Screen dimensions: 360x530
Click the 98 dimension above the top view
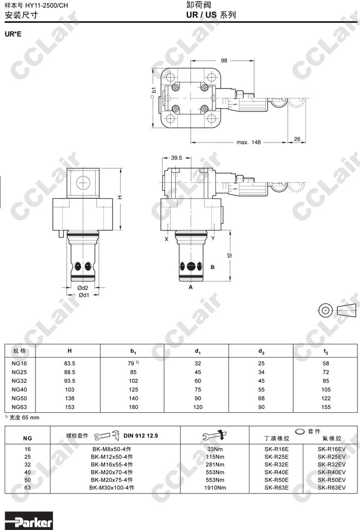pyautogui.click(x=224, y=61)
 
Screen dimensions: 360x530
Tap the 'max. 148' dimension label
pyautogui.click(x=248, y=143)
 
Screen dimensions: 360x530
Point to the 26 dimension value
pyautogui.click(x=297, y=139)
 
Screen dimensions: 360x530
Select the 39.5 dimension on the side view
pyautogui.click(x=176, y=157)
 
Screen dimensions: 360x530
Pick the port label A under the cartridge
pyautogui.click(x=191, y=287)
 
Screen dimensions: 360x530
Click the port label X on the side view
pyautogui.click(x=167, y=239)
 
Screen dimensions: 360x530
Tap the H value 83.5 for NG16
pyautogui.click(x=69, y=363)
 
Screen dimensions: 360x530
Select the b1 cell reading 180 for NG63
pyautogui.click(x=133, y=407)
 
